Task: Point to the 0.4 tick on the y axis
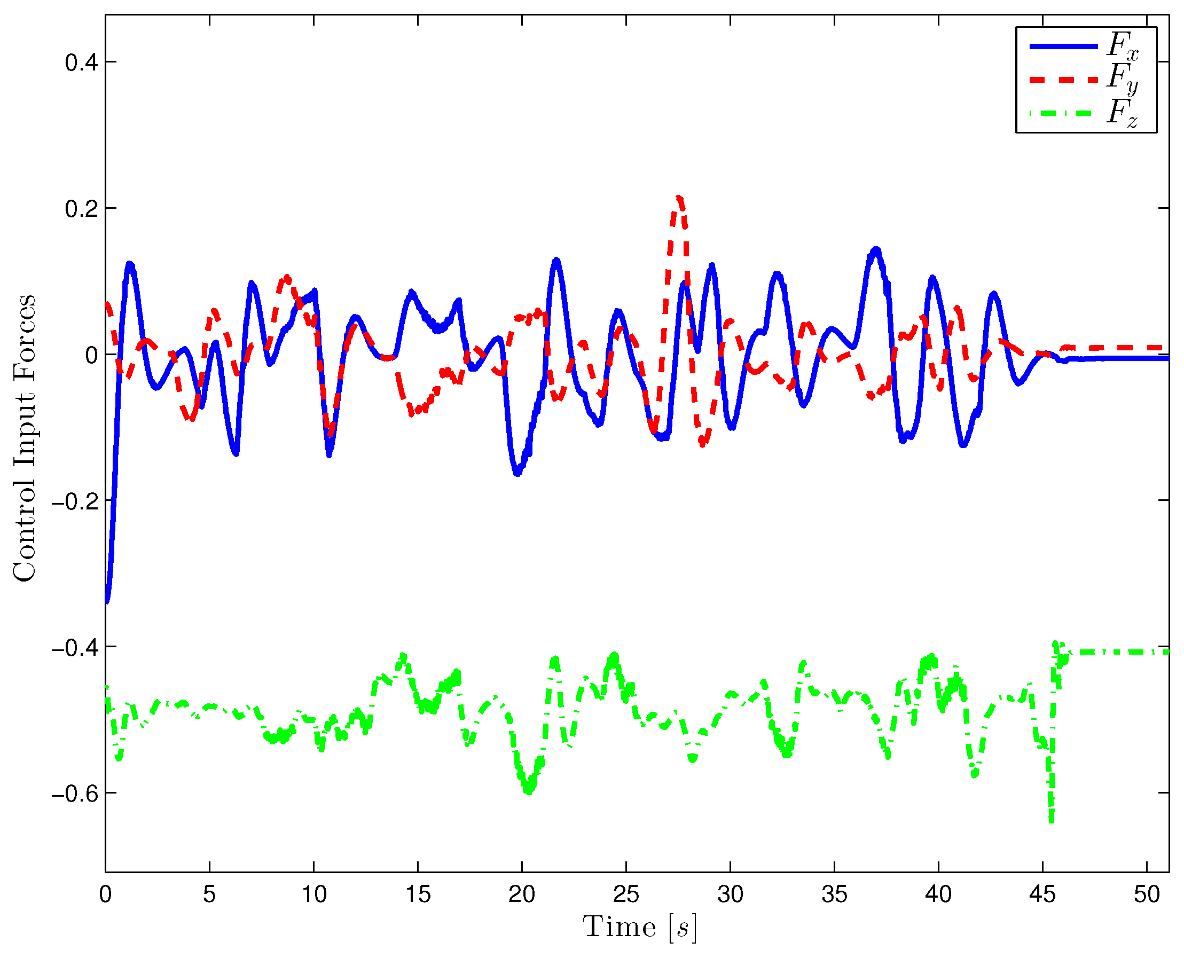[81, 62]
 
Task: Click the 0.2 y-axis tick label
[81, 209]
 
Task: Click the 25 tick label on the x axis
[626, 894]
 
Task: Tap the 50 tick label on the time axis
[1147, 894]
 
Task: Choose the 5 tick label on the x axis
[209, 894]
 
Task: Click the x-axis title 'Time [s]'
[639, 928]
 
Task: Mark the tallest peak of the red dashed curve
[679, 198]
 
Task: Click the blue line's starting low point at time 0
[107, 600]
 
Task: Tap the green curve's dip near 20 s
[529, 790]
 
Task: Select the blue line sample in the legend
[1063, 46]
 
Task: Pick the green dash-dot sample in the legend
[1063, 114]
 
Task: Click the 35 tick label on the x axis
[834, 894]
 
